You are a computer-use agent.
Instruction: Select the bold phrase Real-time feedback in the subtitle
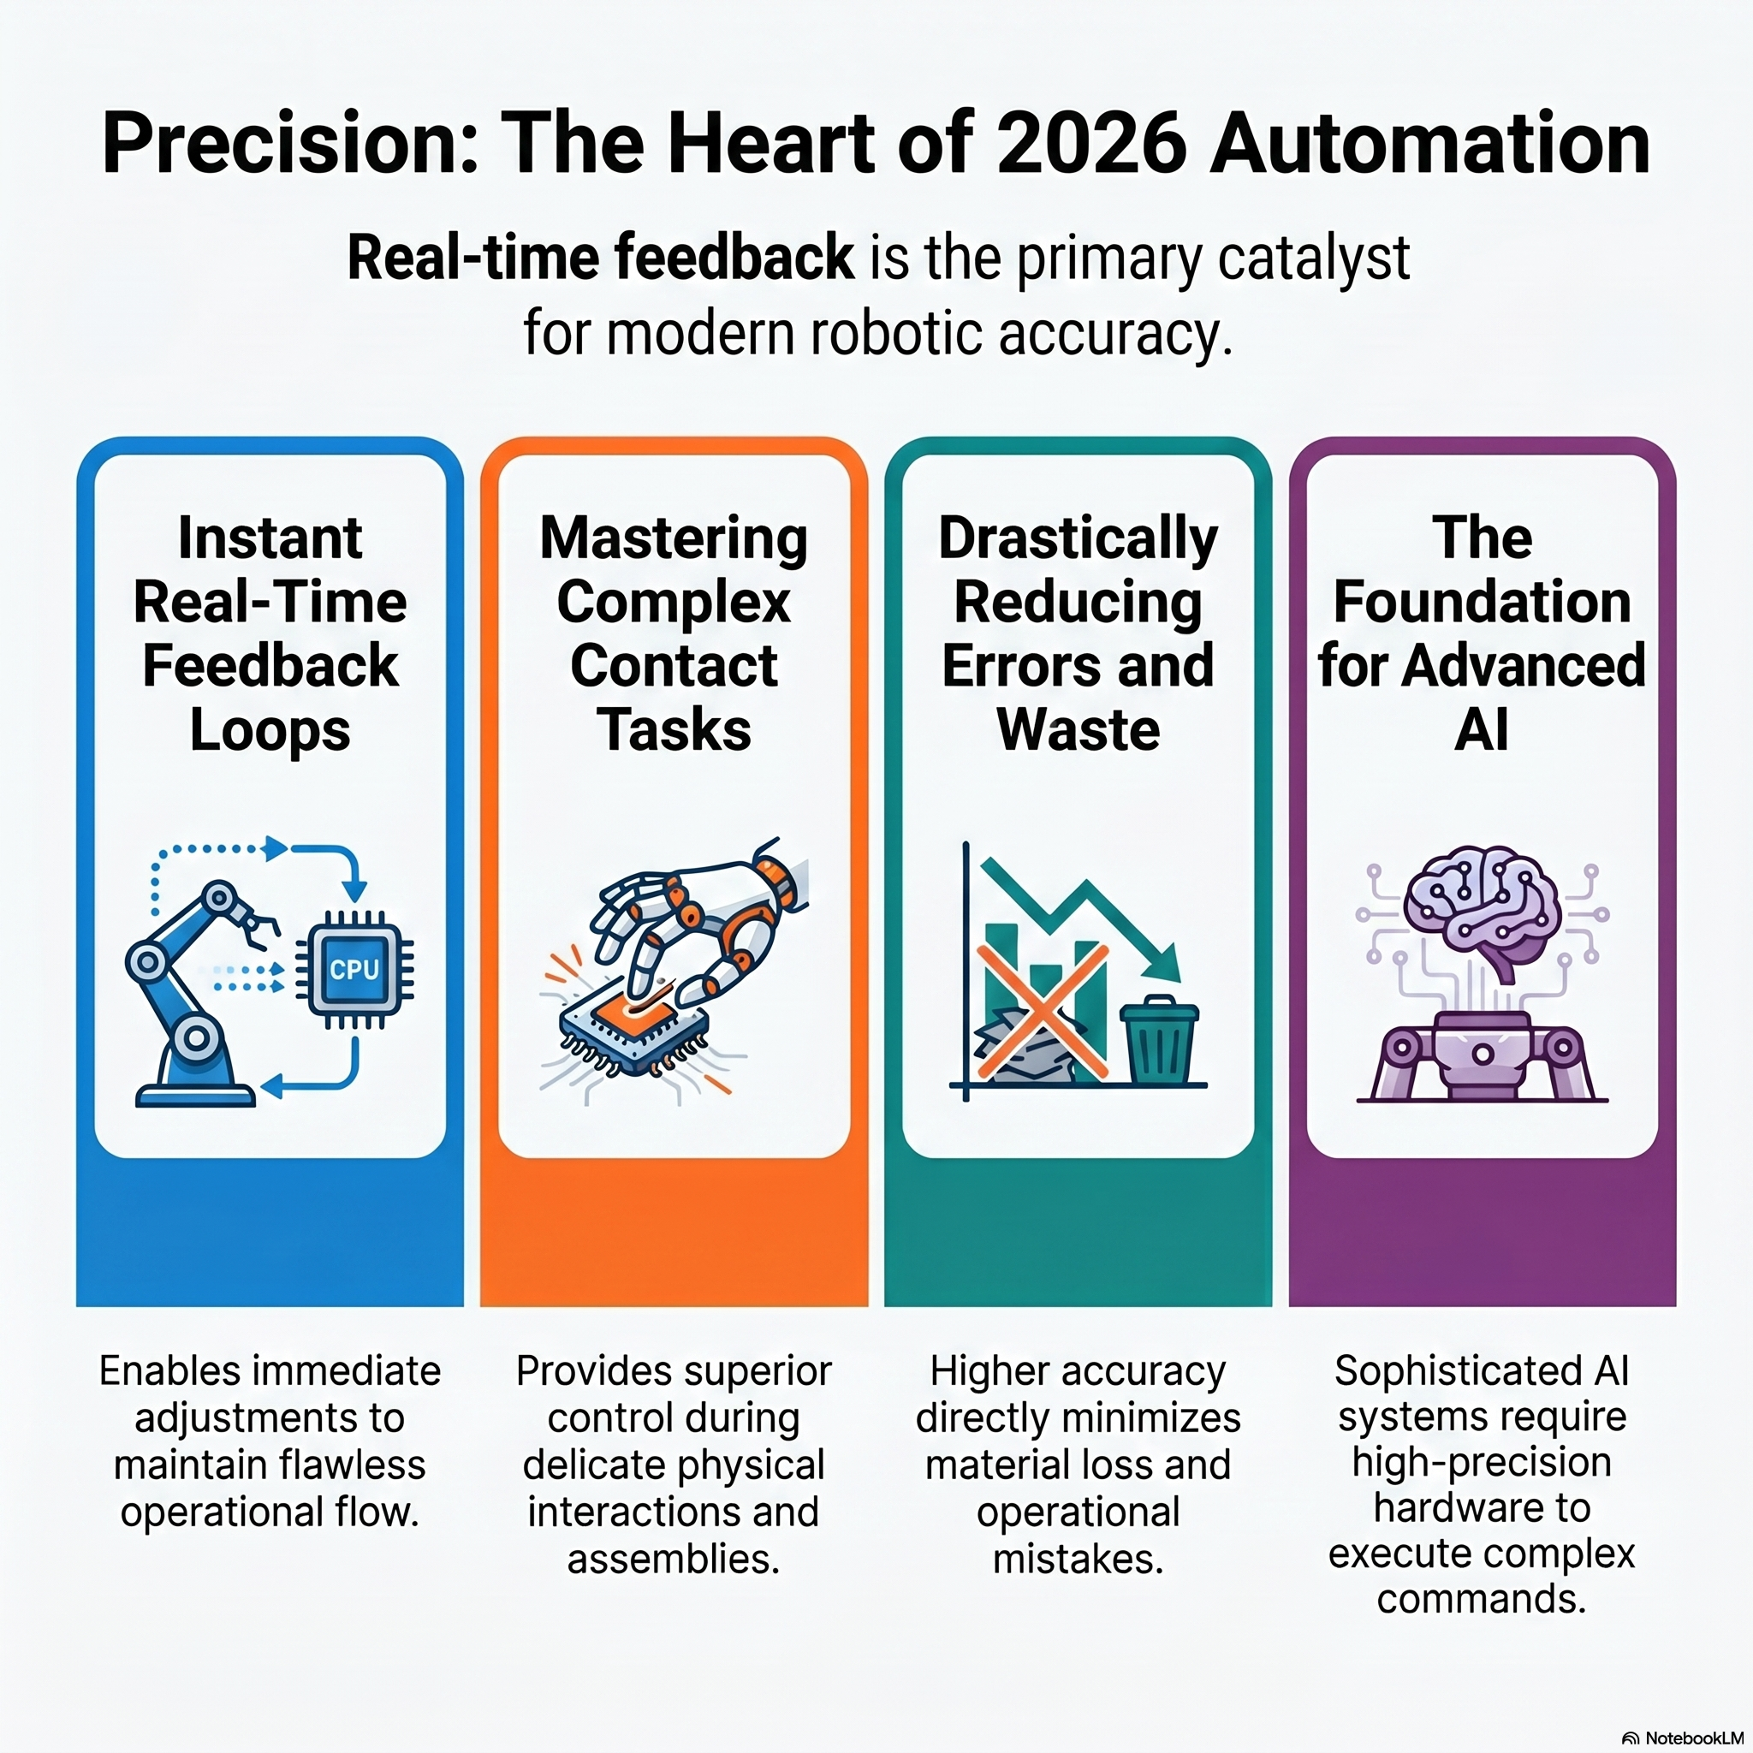(600, 258)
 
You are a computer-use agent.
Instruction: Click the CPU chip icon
(354, 969)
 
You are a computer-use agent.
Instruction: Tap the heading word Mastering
(674, 538)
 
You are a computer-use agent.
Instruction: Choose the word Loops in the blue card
(270, 730)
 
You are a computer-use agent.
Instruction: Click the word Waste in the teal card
(1078, 730)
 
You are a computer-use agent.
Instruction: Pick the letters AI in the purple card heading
(1482, 730)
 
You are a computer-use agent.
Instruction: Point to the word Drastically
(1078, 539)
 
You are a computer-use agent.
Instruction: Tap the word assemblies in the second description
(674, 1559)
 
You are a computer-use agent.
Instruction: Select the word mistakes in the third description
(1078, 1559)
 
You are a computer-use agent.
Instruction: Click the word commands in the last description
(1482, 1598)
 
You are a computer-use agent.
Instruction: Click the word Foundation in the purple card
(1482, 603)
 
